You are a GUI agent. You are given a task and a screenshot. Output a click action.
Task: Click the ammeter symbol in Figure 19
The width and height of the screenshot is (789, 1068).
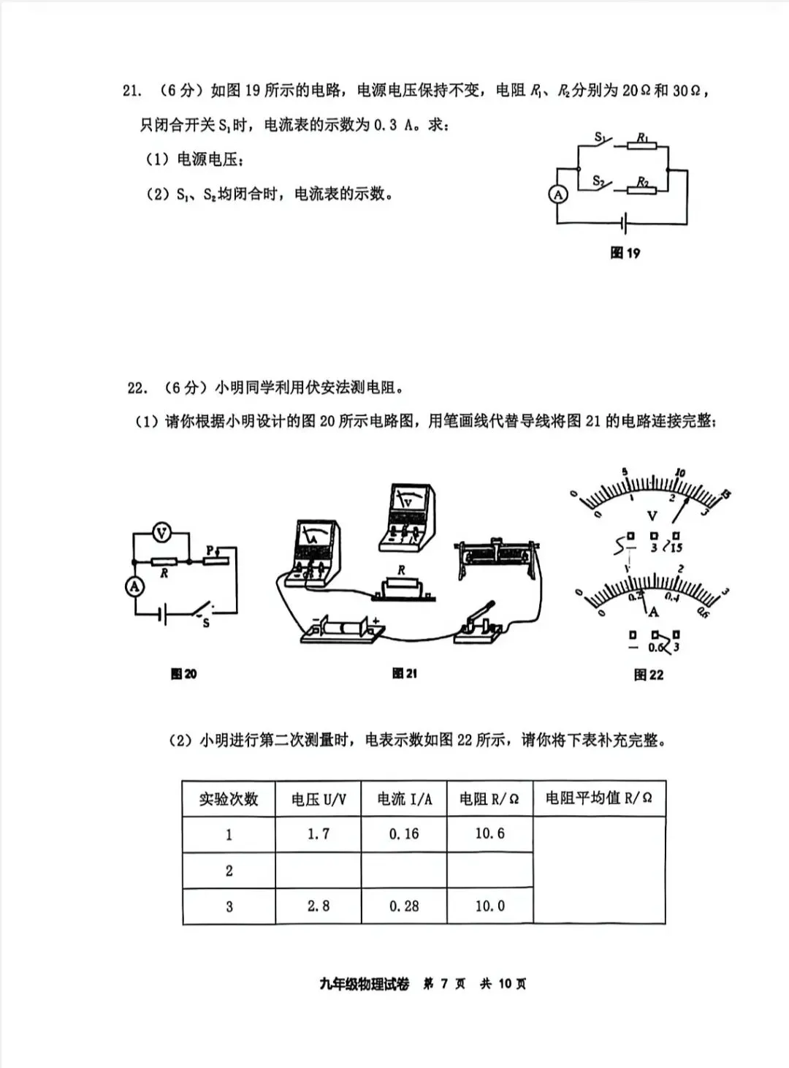tap(558, 194)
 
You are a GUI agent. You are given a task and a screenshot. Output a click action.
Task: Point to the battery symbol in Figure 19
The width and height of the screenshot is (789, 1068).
tap(624, 222)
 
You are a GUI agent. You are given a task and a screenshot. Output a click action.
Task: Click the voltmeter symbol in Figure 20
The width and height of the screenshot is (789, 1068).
tap(161, 534)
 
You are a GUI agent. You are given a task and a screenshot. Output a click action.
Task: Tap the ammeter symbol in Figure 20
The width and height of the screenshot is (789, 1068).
tap(134, 586)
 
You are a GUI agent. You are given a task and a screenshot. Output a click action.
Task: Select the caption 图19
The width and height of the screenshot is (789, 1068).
tap(625, 253)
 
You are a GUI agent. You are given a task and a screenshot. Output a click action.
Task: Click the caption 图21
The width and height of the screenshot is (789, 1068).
tap(404, 673)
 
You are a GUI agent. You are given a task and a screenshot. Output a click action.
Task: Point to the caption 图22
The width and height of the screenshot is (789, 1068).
tap(649, 675)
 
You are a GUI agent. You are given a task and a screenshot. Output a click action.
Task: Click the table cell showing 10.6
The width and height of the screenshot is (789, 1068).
tap(489, 833)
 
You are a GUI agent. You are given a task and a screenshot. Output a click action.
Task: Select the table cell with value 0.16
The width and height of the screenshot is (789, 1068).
tap(404, 833)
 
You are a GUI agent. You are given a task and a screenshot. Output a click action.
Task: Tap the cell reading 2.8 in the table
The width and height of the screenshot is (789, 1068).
tap(319, 906)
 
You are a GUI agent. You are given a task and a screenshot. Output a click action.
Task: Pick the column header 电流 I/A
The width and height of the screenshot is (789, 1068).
tap(404, 799)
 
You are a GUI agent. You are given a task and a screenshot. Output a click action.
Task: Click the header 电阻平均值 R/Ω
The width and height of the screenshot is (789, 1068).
tap(599, 798)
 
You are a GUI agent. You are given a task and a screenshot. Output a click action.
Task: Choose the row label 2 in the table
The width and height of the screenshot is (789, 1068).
tap(229, 870)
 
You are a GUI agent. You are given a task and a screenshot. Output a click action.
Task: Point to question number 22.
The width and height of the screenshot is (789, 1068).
tap(137, 387)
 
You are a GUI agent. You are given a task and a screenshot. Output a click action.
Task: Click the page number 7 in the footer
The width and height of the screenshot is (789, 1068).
tap(443, 984)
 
